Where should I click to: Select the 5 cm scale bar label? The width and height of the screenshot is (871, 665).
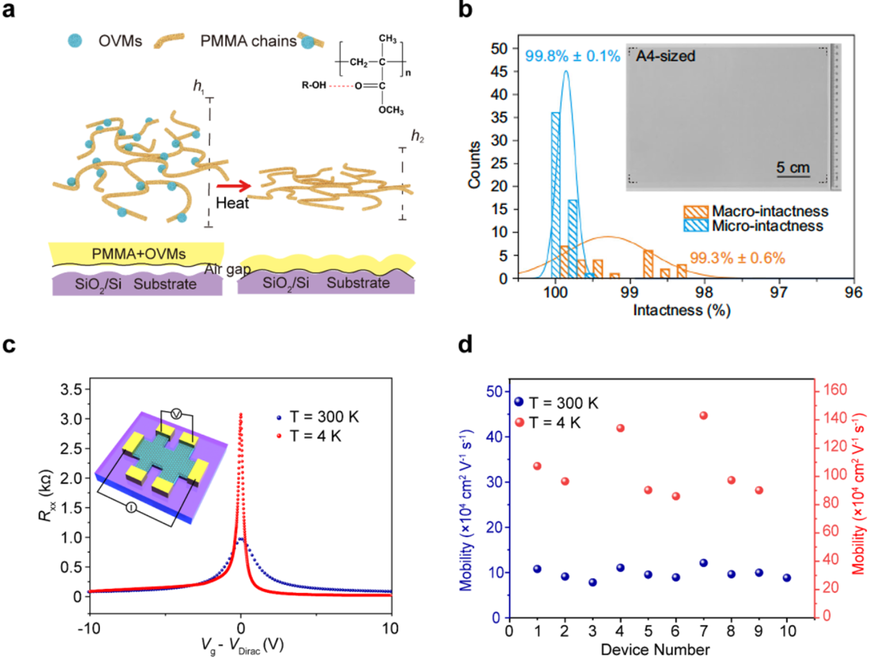click(x=793, y=168)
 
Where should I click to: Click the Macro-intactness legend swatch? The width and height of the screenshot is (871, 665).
click(x=695, y=211)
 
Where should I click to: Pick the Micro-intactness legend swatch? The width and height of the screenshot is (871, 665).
click(x=695, y=226)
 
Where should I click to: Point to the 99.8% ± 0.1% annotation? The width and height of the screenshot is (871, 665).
click(x=572, y=56)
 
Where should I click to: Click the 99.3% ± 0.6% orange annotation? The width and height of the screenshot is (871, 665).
click(x=737, y=258)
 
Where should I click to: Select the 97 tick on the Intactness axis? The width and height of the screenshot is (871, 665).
click(x=778, y=292)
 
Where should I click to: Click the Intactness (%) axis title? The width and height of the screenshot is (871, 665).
click(x=681, y=310)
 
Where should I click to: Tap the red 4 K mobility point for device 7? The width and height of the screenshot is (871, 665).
click(x=703, y=415)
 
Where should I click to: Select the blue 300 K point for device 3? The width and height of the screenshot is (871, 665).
click(x=593, y=582)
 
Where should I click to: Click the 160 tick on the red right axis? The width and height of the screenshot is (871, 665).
click(x=835, y=390)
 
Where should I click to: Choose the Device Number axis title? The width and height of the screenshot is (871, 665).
click(x=655, y=650)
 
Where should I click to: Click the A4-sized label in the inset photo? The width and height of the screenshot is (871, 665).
click(x=665, y=56)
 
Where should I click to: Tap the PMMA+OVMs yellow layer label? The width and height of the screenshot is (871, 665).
click(x=139, y=254)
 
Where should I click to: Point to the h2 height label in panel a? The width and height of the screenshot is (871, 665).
click(x=418, y=136)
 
